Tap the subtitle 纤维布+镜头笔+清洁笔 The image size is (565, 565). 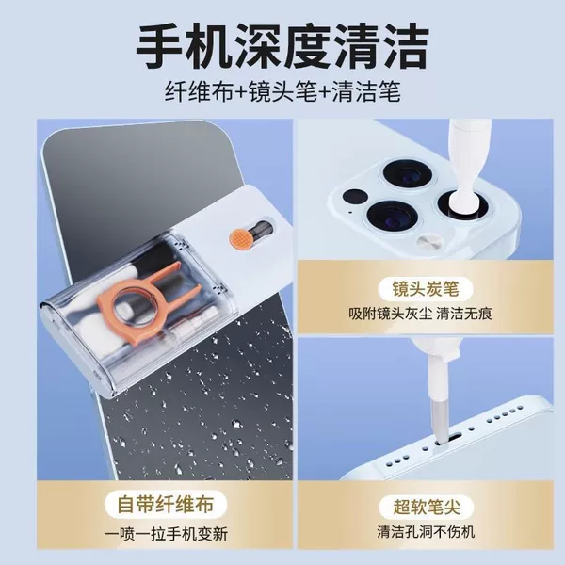(x=282, y=91)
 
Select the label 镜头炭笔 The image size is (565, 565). (x=426, y=289)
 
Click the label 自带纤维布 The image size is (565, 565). (x=166, y=504)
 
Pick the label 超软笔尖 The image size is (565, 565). (x=427, y=507)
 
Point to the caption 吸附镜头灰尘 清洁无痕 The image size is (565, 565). (x=420, y=314)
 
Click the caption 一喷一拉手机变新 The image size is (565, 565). (x=166, y=534)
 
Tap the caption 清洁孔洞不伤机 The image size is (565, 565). (x=426, y=532)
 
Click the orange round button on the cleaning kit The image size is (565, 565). (x=239, y=238)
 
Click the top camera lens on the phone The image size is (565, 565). (x=407, y=176)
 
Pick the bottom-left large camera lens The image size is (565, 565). (x=392, y=218)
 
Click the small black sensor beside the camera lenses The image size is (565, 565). (x=355, y=197)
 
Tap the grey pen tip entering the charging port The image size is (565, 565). (x=442, y=421)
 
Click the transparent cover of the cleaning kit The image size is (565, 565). (x=135, y=311)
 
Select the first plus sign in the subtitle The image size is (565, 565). (x=240, y=92)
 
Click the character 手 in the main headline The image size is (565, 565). (x=159, y=45)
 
